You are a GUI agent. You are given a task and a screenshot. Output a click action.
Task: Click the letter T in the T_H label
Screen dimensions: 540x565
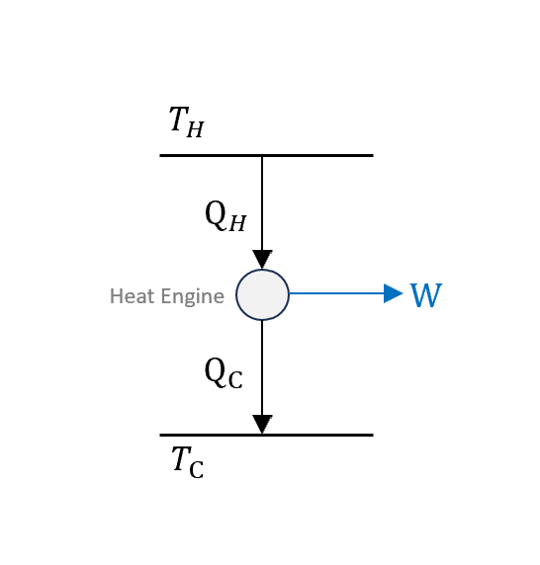tap(179, 119)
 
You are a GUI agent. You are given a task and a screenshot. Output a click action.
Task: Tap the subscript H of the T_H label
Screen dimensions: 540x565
tap(195, 129)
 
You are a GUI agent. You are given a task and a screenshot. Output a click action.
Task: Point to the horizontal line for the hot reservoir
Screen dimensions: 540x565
tap(267, 156)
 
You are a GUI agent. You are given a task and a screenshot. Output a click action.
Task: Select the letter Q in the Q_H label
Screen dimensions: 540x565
tap(216, 214)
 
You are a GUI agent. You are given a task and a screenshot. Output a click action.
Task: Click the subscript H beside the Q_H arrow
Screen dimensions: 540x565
tap(237, 223)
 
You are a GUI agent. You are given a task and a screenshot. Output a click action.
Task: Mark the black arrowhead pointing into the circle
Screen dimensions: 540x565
tap(262, 260)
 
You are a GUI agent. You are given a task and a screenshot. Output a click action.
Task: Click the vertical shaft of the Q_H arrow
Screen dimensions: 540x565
tap(262, 203)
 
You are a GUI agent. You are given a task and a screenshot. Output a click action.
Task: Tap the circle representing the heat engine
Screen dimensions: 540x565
tap(263, 294)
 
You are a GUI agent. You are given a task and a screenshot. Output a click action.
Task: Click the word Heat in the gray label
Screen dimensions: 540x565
tap(133, 296)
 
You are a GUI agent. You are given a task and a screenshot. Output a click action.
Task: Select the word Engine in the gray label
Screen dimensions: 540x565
tap(193, 297)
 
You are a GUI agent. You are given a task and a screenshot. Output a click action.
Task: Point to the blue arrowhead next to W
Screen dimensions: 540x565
tap(394, 293)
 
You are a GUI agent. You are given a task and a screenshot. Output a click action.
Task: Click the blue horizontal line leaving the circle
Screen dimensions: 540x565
tap(336, 293)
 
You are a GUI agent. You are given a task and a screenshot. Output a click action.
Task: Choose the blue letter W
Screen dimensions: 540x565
tap(426, 294)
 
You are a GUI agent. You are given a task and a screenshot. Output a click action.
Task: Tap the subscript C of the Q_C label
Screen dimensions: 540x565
tap(235, 380)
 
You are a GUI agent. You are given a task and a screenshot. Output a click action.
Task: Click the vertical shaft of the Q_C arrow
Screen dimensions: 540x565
tap(262, 367)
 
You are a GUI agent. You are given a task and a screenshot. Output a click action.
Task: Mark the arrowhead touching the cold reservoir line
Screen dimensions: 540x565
tap(262, 425)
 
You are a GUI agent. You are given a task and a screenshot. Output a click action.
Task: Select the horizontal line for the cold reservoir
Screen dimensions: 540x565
tap(267, 436)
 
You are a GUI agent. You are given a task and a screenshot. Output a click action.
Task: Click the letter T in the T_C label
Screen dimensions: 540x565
tap(181, 458)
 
